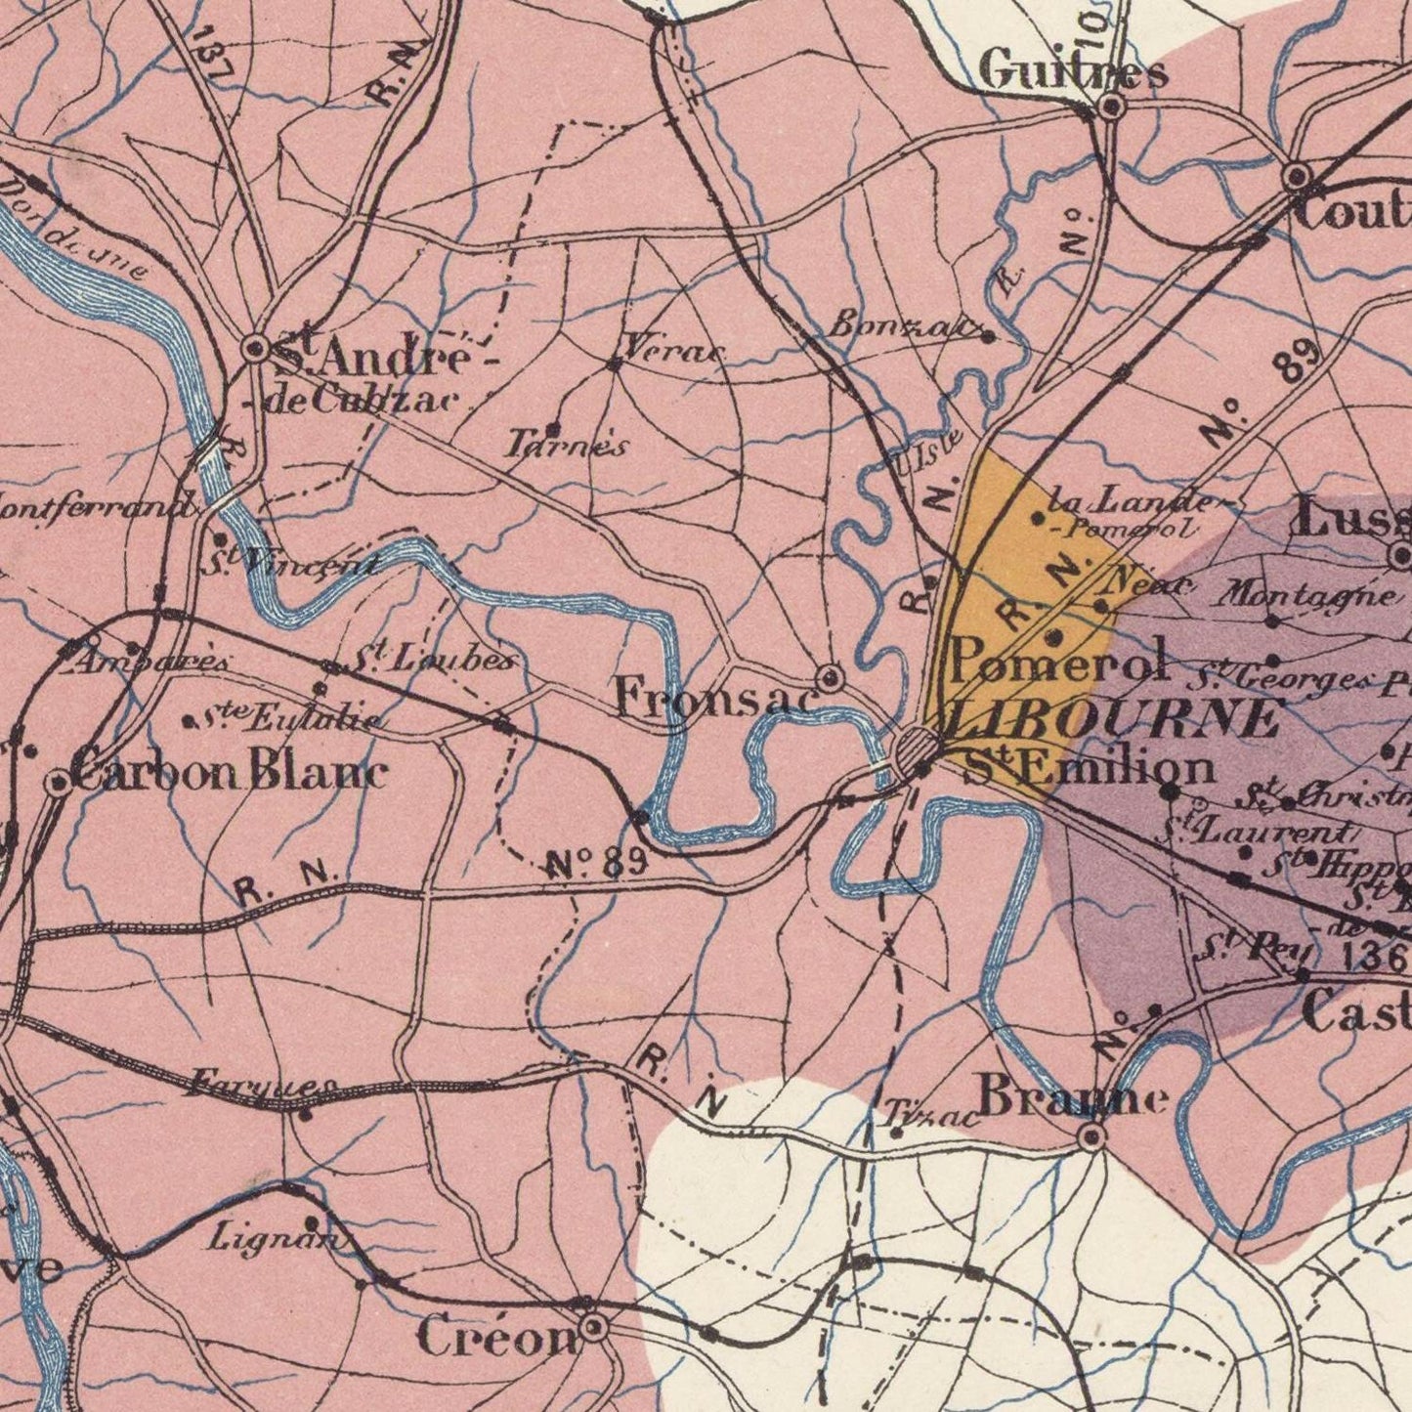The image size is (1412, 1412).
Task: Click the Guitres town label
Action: pos(1072,71)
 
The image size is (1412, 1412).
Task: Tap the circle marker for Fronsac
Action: pos(830,677)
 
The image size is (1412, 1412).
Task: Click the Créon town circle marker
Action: pos(593,1328)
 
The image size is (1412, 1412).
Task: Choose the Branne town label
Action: pos(1073,1097)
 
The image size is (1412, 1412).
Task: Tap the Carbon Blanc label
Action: pos(231,773)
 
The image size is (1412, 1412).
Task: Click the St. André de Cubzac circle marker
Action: pos(256,349)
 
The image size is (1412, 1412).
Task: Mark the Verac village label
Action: pos(672,347)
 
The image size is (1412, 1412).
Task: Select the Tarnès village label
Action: pos(566,446)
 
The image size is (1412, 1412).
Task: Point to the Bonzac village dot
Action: pos(988,337)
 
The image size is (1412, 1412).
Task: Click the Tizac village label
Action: pos(933,1115)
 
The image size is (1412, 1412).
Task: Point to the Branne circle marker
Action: pos(1092,1136)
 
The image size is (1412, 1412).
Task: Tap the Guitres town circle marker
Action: pos(1112,107)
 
